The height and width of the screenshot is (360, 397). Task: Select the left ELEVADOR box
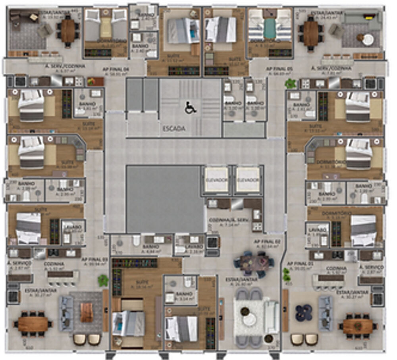tap(216, 180)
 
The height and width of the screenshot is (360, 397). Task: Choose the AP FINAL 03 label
tap(95, 259)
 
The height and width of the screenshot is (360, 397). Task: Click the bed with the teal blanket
tap(270, 28)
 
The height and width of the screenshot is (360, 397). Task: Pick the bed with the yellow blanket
tap(106, 28)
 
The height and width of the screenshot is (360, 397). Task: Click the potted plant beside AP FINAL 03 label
tap(103, 280)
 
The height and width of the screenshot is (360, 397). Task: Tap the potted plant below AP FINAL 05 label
tap(291, 84)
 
